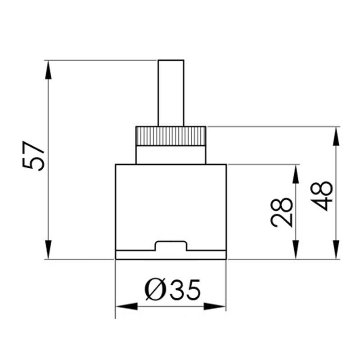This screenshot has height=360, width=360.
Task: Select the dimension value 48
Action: click(323, 196)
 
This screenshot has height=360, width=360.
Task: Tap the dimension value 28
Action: click(282, 212)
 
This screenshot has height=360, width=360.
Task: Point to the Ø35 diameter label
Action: click(172, 290)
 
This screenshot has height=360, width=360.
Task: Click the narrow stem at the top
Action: click(171, 92)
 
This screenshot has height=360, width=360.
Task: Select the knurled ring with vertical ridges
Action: click(171, 135)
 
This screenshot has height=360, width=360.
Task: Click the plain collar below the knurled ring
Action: click(171, 154)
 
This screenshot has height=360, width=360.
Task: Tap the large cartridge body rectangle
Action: click(171, 202)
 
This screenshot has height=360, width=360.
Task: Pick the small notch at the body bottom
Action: click(171, 246)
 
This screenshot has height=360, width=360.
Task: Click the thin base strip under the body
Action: click(171, 255)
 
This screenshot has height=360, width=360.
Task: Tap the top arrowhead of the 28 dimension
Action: click(296, 174)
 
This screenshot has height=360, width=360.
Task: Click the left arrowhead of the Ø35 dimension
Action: click(126, 306)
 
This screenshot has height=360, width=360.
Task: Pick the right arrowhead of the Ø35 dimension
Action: click(215, 306)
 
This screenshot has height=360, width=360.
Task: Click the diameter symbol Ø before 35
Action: click(154, 290)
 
